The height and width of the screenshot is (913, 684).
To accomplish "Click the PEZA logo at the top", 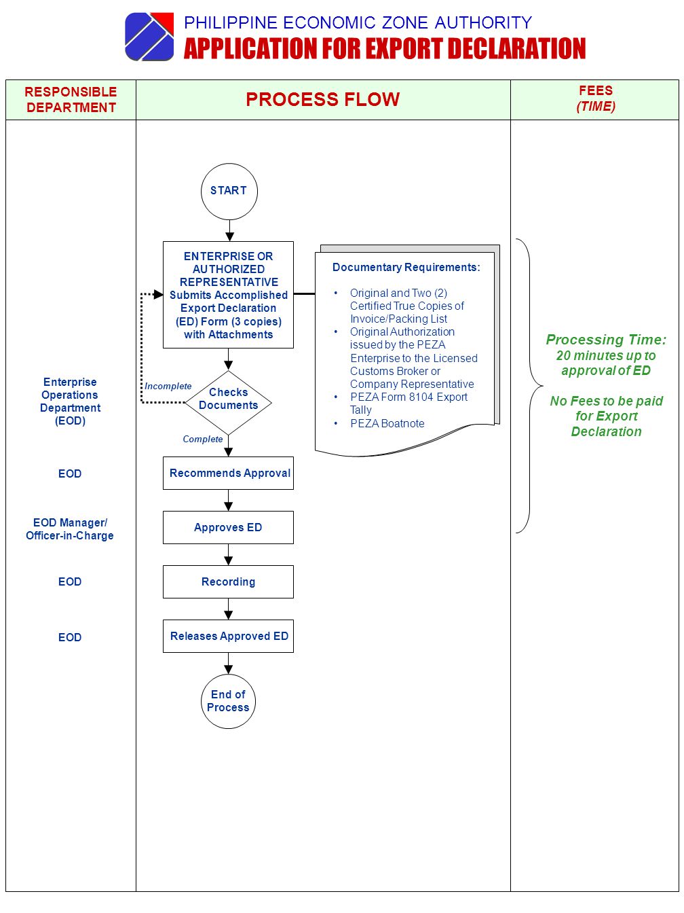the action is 149,37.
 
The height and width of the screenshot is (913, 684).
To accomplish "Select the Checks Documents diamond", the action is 228,402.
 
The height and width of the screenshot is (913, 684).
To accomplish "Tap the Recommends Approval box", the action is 228,473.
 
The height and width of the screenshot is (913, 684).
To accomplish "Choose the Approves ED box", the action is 228,527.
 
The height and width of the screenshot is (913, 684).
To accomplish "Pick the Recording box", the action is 228,581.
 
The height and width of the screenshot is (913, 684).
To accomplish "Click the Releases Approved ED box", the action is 228,636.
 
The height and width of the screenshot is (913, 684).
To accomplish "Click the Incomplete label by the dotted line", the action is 168,386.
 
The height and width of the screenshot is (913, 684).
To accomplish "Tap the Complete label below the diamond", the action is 203,440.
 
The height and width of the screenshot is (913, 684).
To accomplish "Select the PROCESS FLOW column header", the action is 323,99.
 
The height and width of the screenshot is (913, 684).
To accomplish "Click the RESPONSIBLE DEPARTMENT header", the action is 71,99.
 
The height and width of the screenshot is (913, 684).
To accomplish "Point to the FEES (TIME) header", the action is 596,99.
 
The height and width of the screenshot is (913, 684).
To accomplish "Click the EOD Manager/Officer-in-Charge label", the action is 69,529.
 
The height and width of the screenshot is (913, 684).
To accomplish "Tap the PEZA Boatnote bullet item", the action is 387,423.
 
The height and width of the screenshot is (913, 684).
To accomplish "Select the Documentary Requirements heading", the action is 406,267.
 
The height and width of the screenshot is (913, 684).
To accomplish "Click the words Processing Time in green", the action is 606,340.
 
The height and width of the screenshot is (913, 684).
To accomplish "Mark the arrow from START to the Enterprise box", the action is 229,230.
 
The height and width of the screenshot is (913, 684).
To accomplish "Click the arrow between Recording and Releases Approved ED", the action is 229,609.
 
